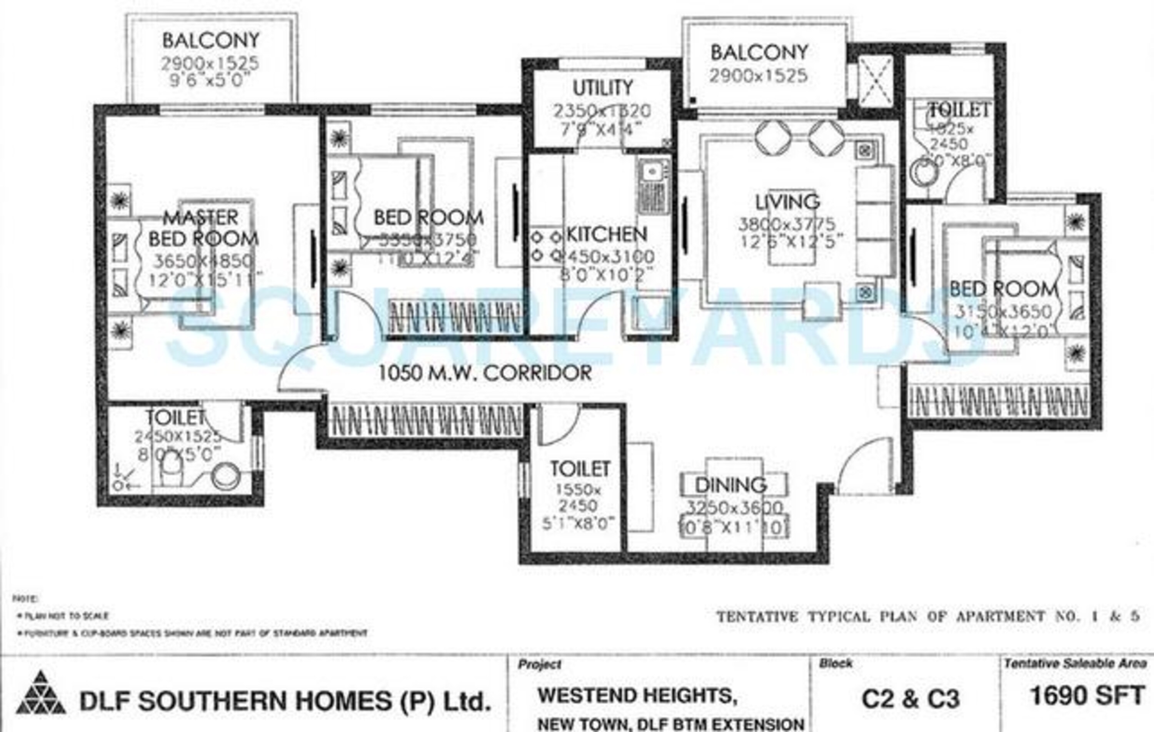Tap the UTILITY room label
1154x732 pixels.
pyautogui.click(x=602, y=88)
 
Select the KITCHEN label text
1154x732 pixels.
pyautogui.click(x=606, y=234)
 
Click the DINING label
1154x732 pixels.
pyautogui.click(x=730, y=485)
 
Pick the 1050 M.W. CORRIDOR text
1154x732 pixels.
pyautogui.click(x=485, y=373)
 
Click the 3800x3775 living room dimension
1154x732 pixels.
pyautogui.click(x=787, y=224)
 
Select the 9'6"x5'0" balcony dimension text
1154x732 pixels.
pyautogui.click(x=210, y=80)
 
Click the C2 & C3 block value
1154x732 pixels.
pyautogui.click(x=911, y=699)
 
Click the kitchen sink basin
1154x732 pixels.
pyautogui.click(x=651, y=172)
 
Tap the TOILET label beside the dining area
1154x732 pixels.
pyautogui.click(x=579, y=469)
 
